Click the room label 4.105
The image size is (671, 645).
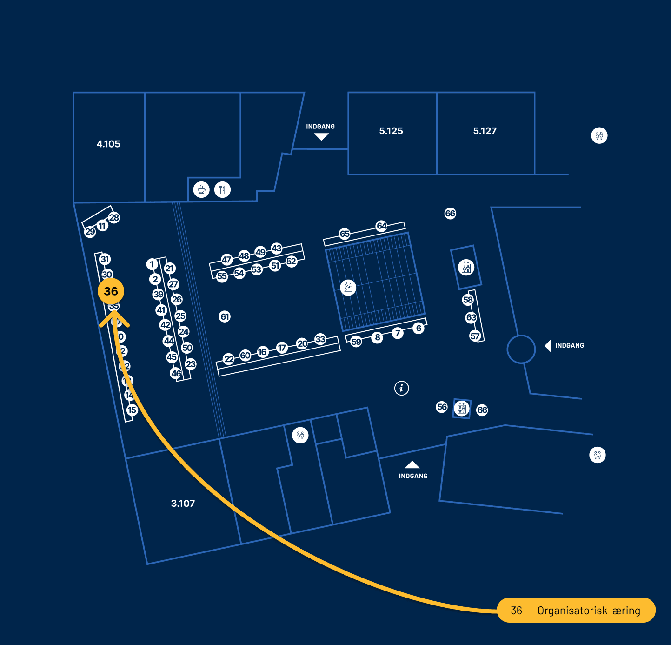(108, 144)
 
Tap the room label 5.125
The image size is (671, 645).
(391, 131)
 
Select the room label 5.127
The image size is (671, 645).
(485, 131)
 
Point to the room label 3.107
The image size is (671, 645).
(183, 504)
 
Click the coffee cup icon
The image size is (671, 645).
(201, 190)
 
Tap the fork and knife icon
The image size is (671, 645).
(222, 190)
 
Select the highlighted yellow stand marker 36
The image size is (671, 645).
(111, 291)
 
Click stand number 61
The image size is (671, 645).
(225, 317)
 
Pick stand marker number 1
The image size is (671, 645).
(152, 264)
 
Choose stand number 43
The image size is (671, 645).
(277, 248)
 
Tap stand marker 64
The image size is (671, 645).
(381, 226)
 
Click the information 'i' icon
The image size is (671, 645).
(401, 388)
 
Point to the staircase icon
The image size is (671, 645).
(348, 287)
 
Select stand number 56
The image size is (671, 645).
(442, 407)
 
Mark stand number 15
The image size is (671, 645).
(132, 410)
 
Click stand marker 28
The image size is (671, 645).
(114, 217)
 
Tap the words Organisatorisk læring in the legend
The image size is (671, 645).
(589, 611)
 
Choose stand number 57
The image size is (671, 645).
(475, 336)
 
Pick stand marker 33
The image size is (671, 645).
(320, 339)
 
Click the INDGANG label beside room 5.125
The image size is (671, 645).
(320, 127)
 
